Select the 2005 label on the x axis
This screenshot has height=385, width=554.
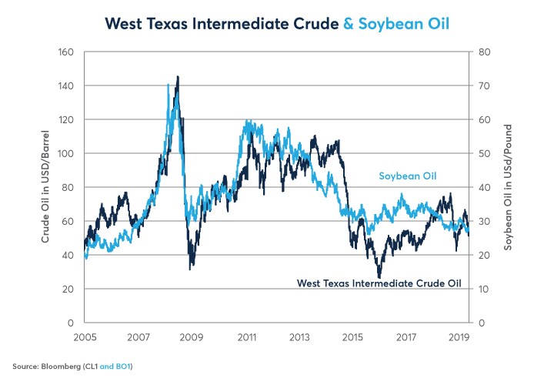point(85,336)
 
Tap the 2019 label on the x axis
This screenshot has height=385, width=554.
point(459,336)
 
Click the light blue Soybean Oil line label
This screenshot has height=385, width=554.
point(407,176)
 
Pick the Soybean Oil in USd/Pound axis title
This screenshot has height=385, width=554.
point(509,186)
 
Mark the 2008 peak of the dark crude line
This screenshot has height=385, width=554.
point(178,77)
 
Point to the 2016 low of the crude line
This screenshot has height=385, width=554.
point(379,276)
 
